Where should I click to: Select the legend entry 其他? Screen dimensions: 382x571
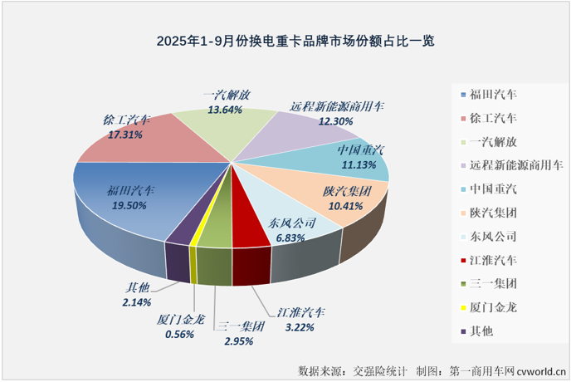(481, 331)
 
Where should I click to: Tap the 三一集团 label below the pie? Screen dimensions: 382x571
(239, 326)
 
